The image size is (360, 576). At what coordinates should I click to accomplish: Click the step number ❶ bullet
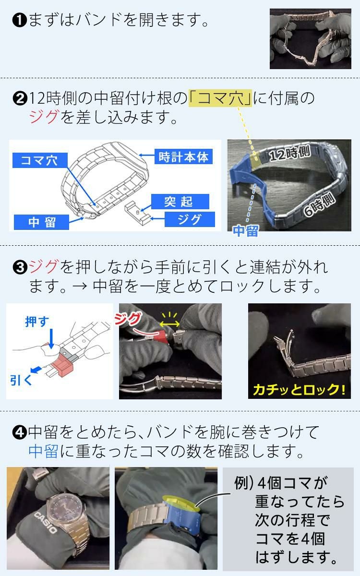tap(20, 21)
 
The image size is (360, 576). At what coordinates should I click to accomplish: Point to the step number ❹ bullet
tap(20, 432)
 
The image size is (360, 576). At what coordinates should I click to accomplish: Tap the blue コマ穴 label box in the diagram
tap(39, 160)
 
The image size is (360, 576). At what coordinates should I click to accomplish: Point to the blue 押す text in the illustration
tap(37, 321)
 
